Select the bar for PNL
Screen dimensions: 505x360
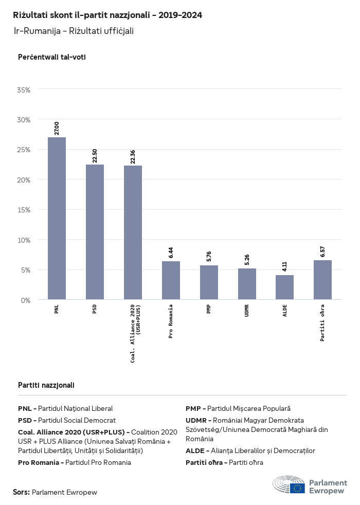click(x=57, y=218)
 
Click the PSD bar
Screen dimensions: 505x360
click(x=95, y=232)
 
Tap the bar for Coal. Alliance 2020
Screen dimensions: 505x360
click(x=133, y=232)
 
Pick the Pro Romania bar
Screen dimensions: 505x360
click(x=171, y=280)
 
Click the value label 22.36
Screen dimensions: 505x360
click(x=133, y=157)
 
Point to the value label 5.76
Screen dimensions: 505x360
click(x=209, y=257)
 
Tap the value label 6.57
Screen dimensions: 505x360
click(x=322, y=251)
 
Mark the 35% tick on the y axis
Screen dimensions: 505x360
click(x=24, y=90)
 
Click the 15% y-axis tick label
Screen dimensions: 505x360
click(x=24, y=210)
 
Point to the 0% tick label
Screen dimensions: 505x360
click(x=26, y=300)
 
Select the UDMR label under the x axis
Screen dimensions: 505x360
click(x=247, y=311)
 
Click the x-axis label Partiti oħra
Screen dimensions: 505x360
click(x=322, y=323)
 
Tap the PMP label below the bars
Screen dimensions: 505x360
click(x=209, y=310)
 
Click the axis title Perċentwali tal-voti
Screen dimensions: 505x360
click(x=51, y=57)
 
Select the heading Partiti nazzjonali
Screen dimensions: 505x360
click(x=46, y=385)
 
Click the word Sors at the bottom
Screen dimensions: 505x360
click(x=21, y=492)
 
